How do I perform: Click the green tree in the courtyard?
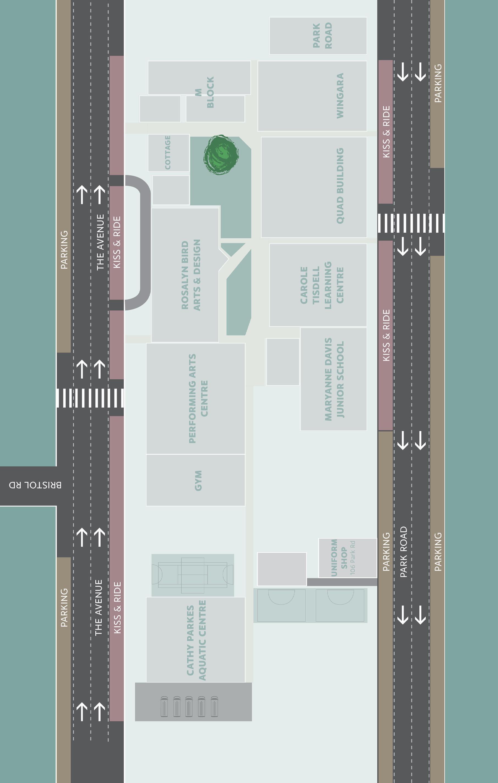(221, 155)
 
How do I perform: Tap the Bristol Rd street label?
(35, 485)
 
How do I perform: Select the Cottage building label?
(168, 153)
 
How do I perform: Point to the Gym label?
(198, 480)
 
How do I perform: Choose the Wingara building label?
(340, 96)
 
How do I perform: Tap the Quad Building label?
(340, 186)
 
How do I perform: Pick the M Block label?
(205, 92)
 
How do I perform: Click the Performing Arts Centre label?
(198, 398)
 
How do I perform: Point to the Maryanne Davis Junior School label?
(334, 379)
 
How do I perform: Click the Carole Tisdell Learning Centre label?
(322, 285)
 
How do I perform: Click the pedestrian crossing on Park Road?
(411, 223)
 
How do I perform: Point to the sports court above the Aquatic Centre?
(193, 575)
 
